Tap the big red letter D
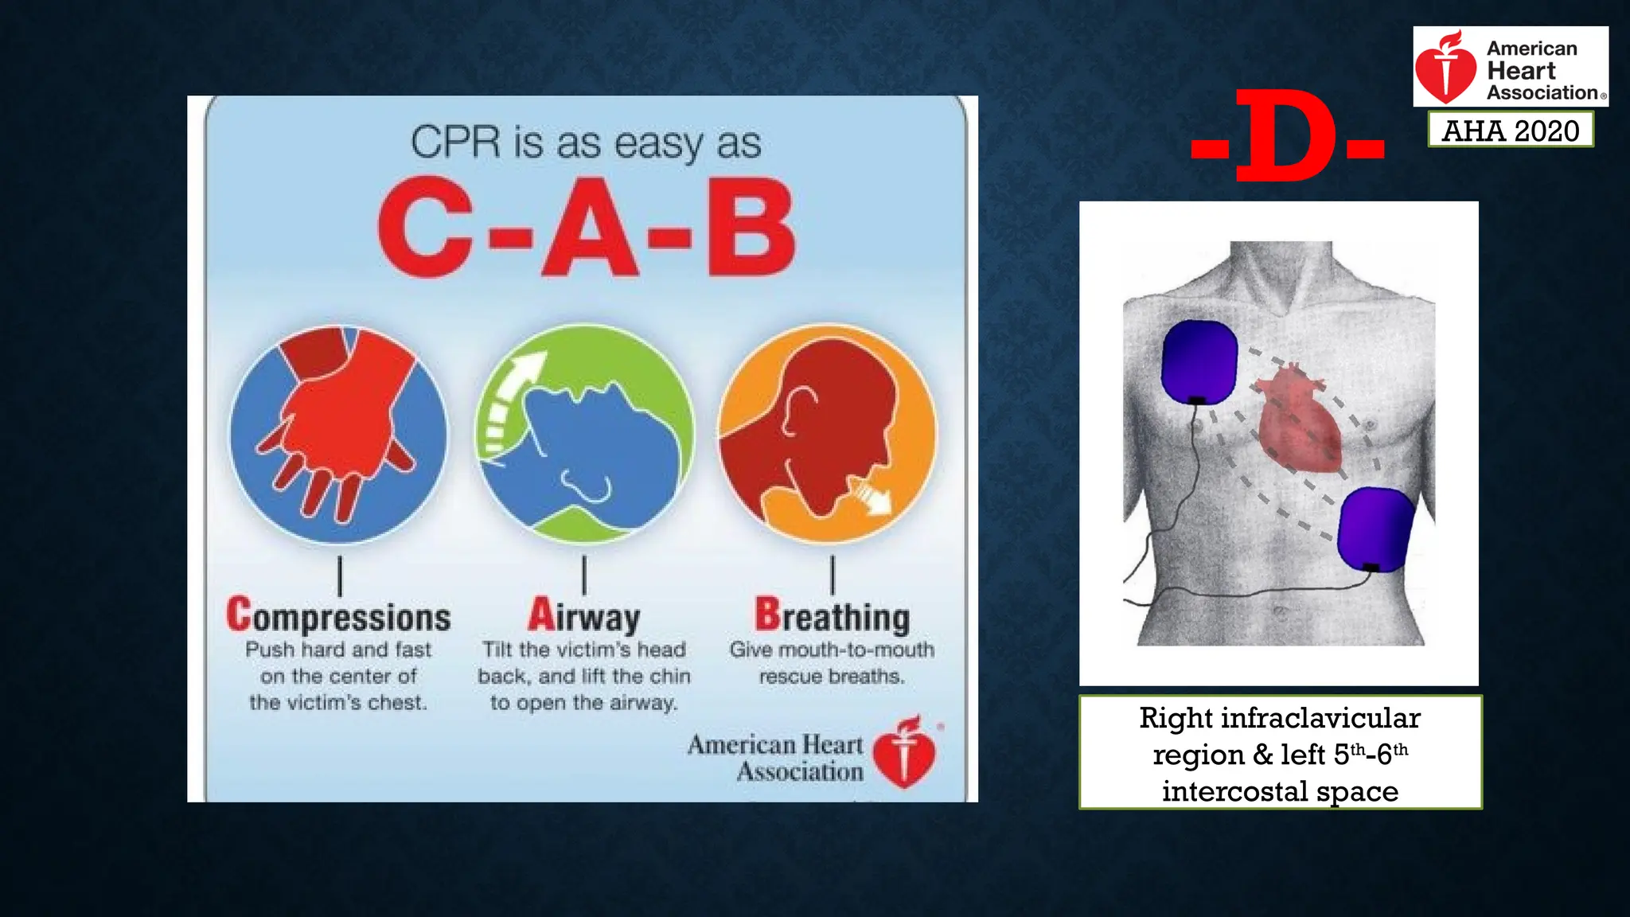pos(1287,135)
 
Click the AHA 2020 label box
pos(1510,131)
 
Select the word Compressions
pos(338,617)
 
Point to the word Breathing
pos(832,617)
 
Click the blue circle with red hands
pos(338,434)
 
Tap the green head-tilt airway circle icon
pos(584,434)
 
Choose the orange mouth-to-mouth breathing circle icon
pos(828,434)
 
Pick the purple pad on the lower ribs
pos(1375,528)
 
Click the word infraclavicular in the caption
pos(1320,718)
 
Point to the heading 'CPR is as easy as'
pos(586,143)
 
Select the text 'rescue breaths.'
pos(832,677)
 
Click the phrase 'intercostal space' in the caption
pos(1280,791)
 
